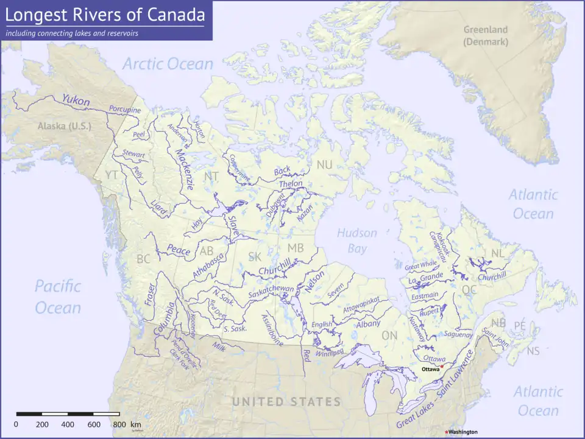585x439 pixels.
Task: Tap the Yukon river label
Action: pyautogui.click(x=76, y=100)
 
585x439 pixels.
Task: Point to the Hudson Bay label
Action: pyautogui.click(x=357, y=241)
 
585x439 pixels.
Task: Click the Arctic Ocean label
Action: pyautogui.click(x=168, y=64)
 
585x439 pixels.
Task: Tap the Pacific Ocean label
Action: pyautogui.click(x=58, y=297)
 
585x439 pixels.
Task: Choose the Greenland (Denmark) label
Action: pyautogui.click(x=485, y=35)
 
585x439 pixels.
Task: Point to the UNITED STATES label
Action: pyautogui.click(x=286, y=402)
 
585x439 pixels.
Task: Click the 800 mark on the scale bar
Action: pyautogui.click(x=119, y=424)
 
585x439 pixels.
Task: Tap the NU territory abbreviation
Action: pyautogui.click(x=324, y=165)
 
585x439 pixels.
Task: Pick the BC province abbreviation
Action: pyautogui.click(x=143, y=259)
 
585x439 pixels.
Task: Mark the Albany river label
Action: pyautogui.click(x=368, y=324)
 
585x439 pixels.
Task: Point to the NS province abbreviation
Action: pyautogui.click(x=533, y=351)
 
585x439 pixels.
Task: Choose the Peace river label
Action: pyautogui.click(x=179, y=251)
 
